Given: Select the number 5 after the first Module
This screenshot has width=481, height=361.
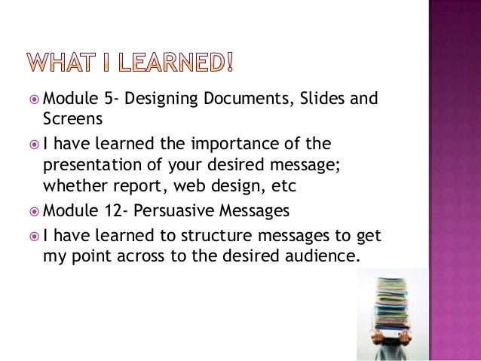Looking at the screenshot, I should [99, 100].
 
